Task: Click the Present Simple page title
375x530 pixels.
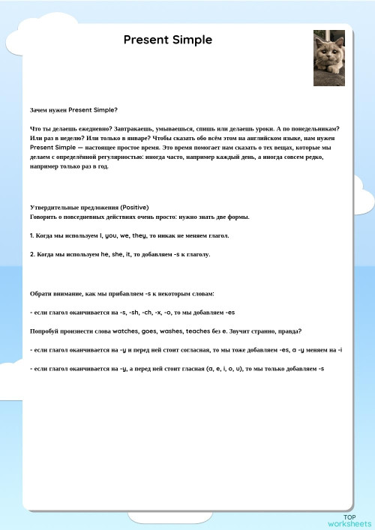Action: [x=168, y=40]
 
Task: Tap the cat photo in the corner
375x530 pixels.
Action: [x=328, y=58]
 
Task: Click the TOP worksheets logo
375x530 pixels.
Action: [x=349, y=520]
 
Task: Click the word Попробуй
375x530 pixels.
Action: [x=46, y=331]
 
